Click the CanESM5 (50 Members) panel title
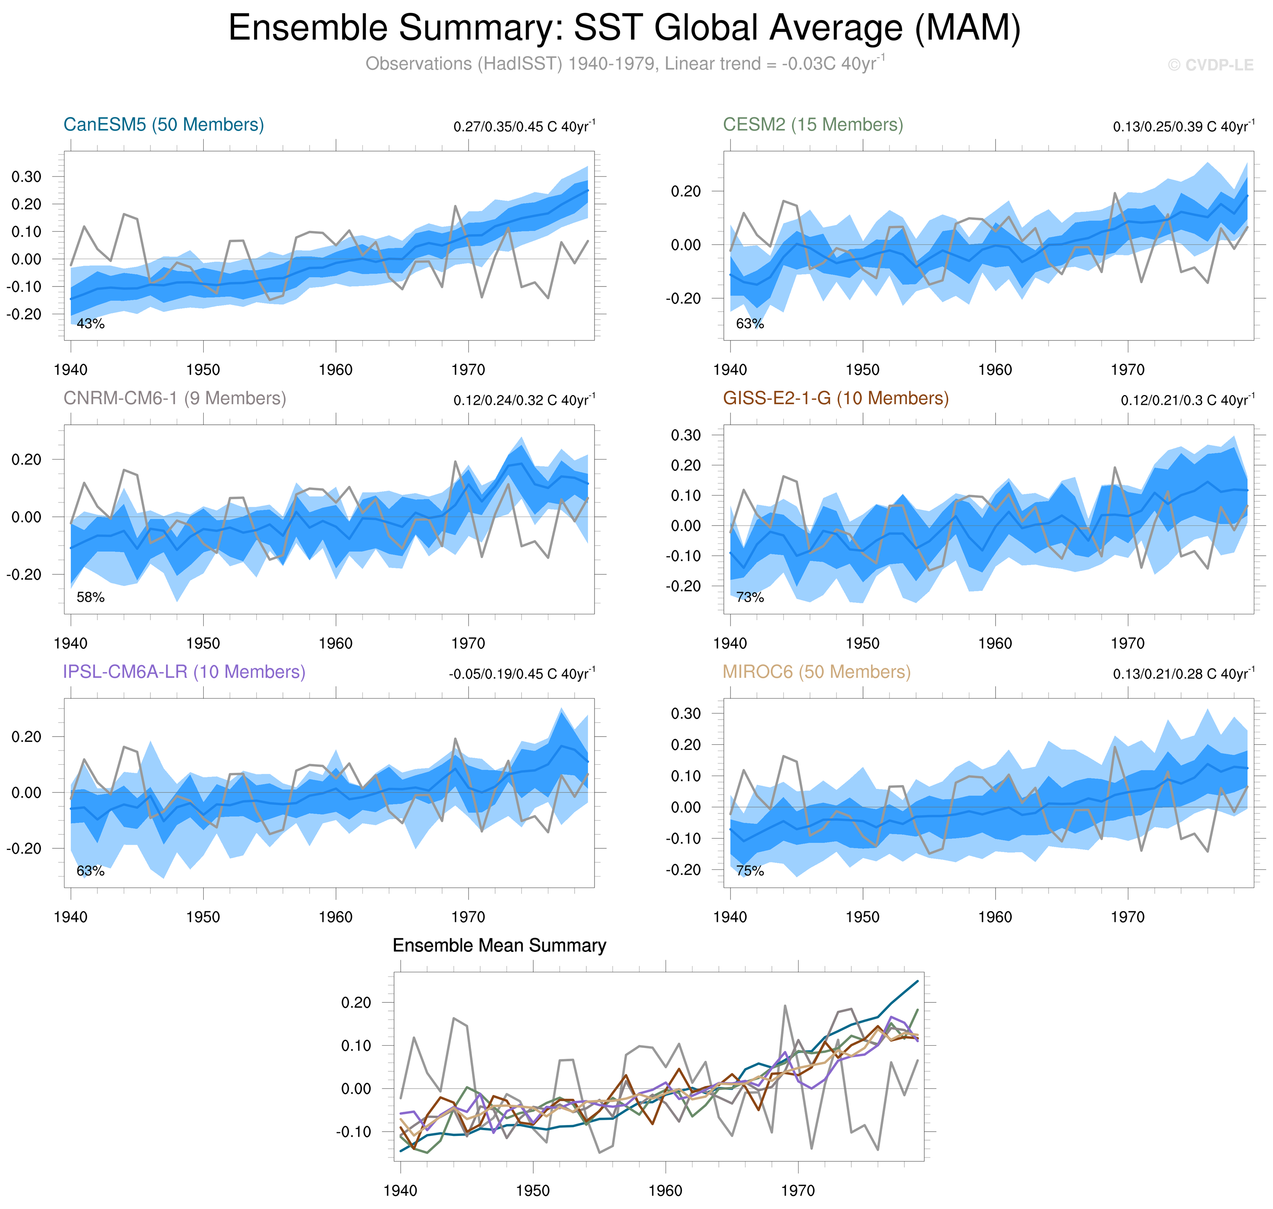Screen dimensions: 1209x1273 pyautogui.click(x=164, y=124)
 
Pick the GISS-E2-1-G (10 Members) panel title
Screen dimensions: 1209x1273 pyautogui.click(x=835, y=398)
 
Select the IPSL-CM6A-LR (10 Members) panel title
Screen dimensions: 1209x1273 pyautogui.click(x=184, y=672)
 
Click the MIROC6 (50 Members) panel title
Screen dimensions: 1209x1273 pyautogui.click(x=816, y=672)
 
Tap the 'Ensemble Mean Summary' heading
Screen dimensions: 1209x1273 pyautogui.click(x=499, y=945)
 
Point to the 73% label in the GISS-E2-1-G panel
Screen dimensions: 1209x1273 pyautogui.click(x=750, y=597)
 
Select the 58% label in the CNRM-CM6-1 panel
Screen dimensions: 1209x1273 pyautogui.click(x=90, y=597)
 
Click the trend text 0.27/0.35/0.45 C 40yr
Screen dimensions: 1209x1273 pyautogui.click(x=523, y=126)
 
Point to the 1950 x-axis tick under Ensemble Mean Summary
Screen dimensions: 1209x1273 pyautogui.click(x=532, y=1190)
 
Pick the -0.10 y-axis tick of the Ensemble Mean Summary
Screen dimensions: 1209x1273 pyautogui.click(x=353, y=1132)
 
